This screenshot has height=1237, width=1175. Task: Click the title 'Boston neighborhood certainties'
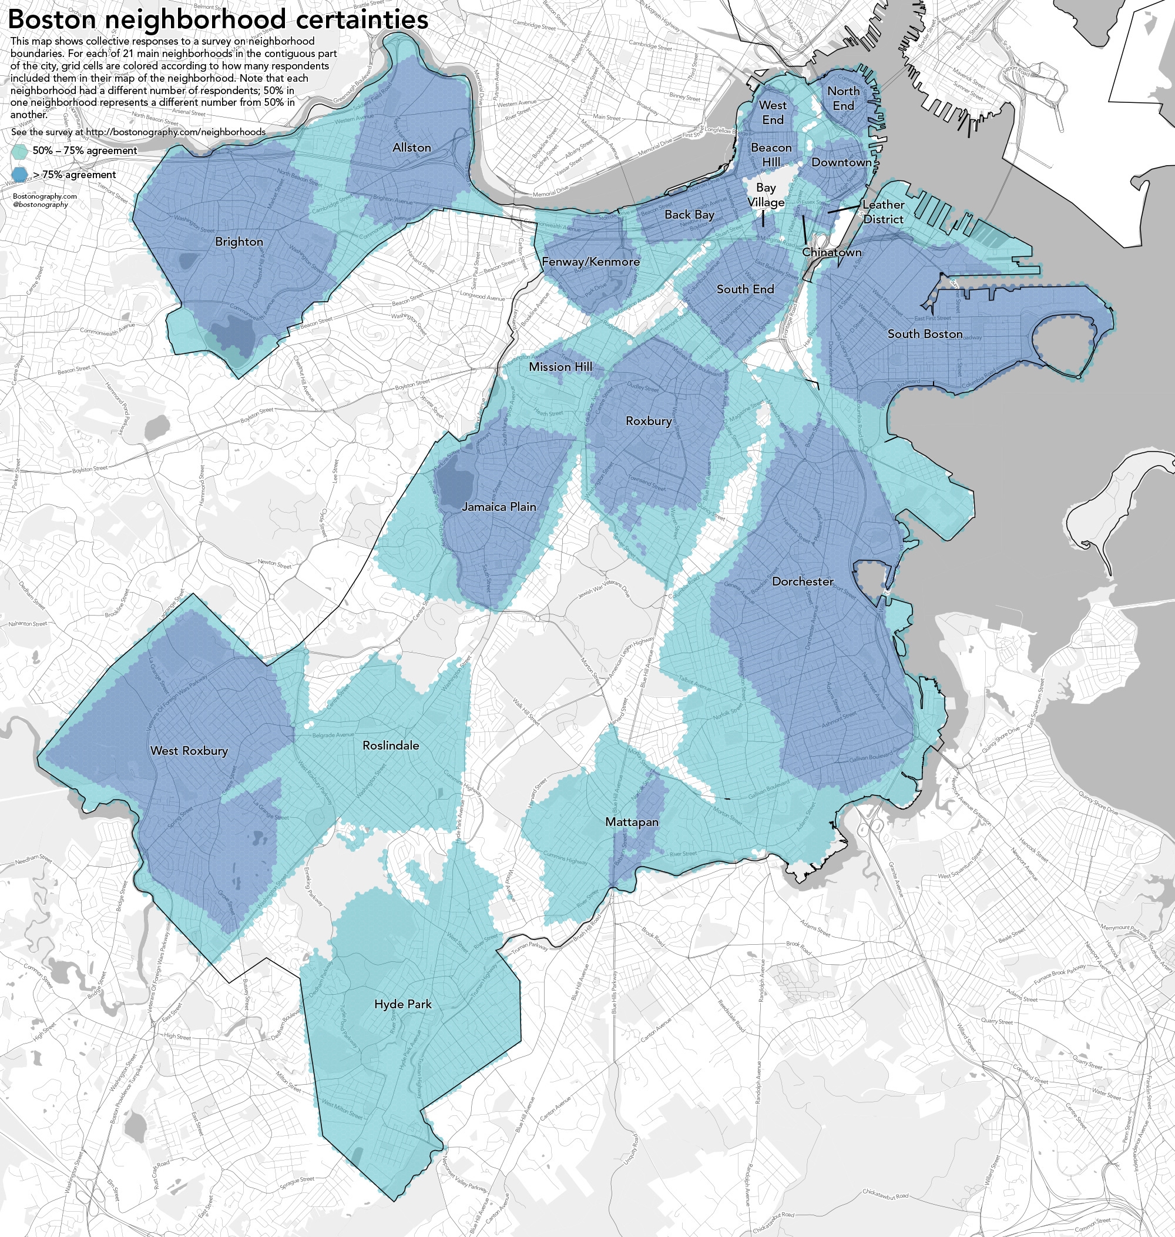pyautogui.click(x=217, y=19)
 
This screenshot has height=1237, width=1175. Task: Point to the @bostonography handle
pyautogui.click(x=40, y=204)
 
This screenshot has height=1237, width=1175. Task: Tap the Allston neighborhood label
pyautogui.click(x=411, y=147)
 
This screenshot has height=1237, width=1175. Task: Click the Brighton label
pyautogui.click(x=239, y=241)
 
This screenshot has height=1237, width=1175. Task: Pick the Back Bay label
pyautogui.click(x=689, y=215)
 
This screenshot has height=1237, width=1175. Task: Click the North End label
pyautogui.click(x=843, y=98)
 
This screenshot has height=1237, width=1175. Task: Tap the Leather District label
pyautogui.click(x=883, y=212)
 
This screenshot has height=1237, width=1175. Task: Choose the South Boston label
pyautogui.click(x=925, y=334)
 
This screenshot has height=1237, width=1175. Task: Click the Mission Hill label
pyautogui.click(x=560, y=367)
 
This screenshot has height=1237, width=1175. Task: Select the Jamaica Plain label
pyautogui.click(x=499, y=506)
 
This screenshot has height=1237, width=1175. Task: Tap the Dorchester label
pyautogui.click(x=803, y=581)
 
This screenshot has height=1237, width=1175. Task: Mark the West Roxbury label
pyautogui.click(x=189, y=750)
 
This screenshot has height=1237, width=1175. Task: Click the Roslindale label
pyautogui.click(x=391, y=745)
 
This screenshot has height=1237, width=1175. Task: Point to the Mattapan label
pyautogui.click(x=632, y=821)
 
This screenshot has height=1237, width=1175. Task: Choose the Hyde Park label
pyautogui.click(x=403, y=1004)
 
